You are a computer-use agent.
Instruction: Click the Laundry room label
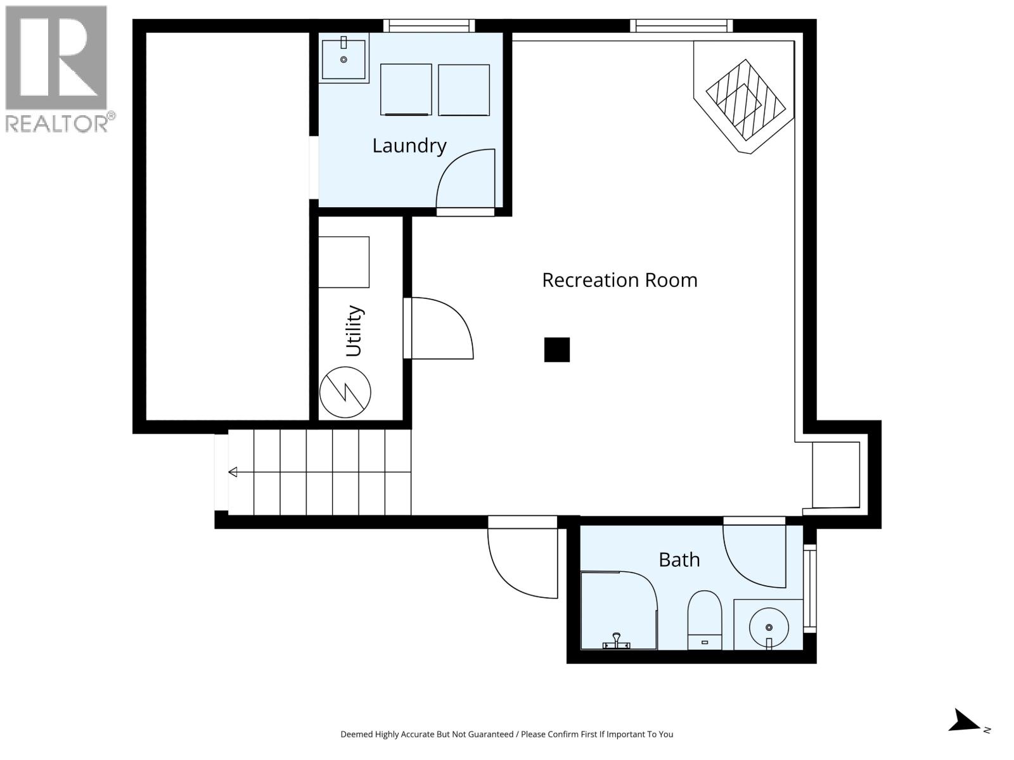click(409, 146)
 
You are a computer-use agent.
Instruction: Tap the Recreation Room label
click(619, 280)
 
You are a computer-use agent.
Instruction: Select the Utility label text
click(354, 331)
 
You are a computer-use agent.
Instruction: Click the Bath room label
click(679, 560)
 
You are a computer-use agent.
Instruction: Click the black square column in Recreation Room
click(556, 350)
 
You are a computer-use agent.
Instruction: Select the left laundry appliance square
click(406, 89)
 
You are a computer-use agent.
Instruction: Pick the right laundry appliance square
click(463, 89)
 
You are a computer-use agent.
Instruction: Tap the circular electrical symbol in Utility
click(345, 392)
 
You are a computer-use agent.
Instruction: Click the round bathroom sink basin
click(769, 627)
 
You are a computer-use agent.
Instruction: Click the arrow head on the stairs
click(233, 472)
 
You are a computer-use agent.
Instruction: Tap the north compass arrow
click(966, 721)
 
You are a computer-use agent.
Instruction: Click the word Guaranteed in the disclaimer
click(489, 734)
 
